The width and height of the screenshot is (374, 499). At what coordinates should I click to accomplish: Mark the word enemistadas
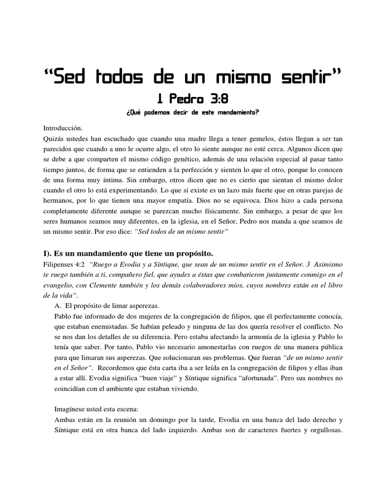[x=110, y=327]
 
